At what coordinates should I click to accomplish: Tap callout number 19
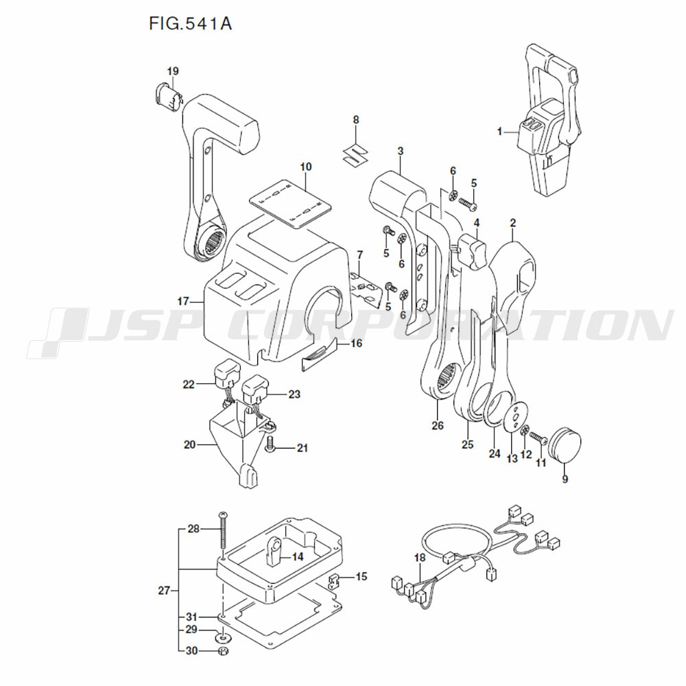172,71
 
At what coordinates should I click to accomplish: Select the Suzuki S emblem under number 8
355,154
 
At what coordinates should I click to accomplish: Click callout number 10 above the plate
305,167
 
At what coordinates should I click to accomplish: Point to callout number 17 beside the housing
182,301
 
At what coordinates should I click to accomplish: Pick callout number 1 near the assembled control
500,130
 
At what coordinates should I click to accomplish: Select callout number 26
438,425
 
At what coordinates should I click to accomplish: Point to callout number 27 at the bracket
163,589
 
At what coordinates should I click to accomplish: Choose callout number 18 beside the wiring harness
420,559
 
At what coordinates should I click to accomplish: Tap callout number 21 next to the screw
303,449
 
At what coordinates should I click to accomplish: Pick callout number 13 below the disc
512,458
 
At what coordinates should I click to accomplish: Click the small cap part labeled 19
167,96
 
